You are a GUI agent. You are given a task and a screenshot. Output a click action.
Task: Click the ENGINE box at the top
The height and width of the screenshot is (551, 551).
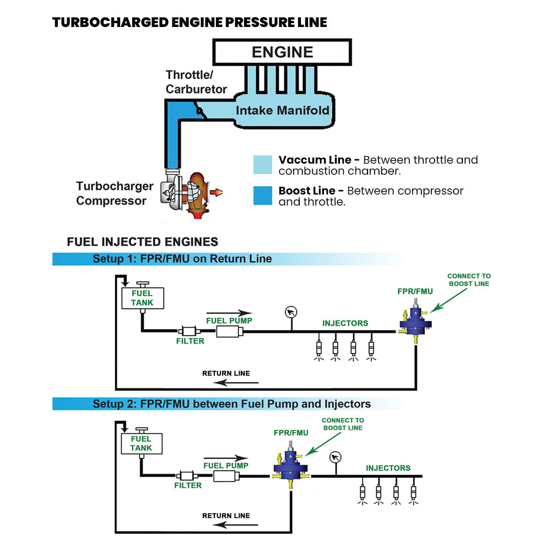coord(282,52)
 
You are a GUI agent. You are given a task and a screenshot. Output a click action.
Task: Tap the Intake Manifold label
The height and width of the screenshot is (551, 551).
coord(282,110)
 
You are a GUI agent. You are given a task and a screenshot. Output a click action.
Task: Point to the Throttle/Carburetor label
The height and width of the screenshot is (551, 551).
coord(196,82)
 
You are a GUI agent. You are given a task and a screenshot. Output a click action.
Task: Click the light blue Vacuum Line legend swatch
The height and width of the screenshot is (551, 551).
coord(263,165)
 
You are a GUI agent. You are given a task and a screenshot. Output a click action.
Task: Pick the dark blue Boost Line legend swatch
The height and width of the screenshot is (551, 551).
coord(263,196)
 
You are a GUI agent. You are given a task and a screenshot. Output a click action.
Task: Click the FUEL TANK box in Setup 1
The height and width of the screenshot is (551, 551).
coord(142,298)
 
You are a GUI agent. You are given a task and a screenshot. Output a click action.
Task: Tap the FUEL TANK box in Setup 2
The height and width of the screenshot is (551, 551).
coord(142,443)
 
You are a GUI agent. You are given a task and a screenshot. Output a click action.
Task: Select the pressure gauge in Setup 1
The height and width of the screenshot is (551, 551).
coord(291,312)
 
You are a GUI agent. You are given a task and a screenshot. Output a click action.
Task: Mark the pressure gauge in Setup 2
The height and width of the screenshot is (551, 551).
coord(334,457)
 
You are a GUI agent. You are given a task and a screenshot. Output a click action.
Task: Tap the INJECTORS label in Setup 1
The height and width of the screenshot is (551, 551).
coord(345,323)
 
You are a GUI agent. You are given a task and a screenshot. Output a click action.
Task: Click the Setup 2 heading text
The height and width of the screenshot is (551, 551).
coord(231,404)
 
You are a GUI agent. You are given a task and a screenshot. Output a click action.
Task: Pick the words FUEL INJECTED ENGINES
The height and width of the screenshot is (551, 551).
coord(142,242)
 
